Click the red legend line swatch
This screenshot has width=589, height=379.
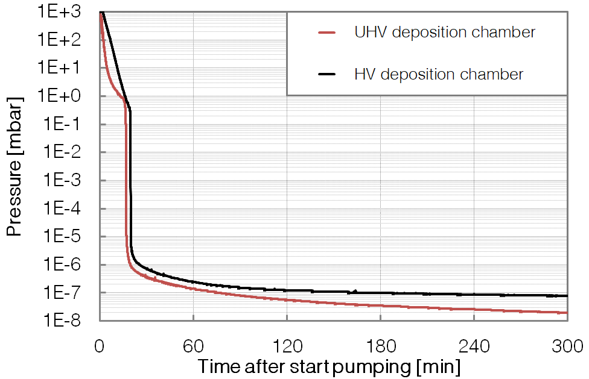point(326,33)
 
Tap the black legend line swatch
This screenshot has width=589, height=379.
point(326,75)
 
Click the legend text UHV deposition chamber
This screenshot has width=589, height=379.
point(445,33)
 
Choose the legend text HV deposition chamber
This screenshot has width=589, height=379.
point(439,75)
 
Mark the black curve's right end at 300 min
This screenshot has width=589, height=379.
point(567,296)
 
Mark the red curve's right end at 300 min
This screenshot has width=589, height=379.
point(567,313)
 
